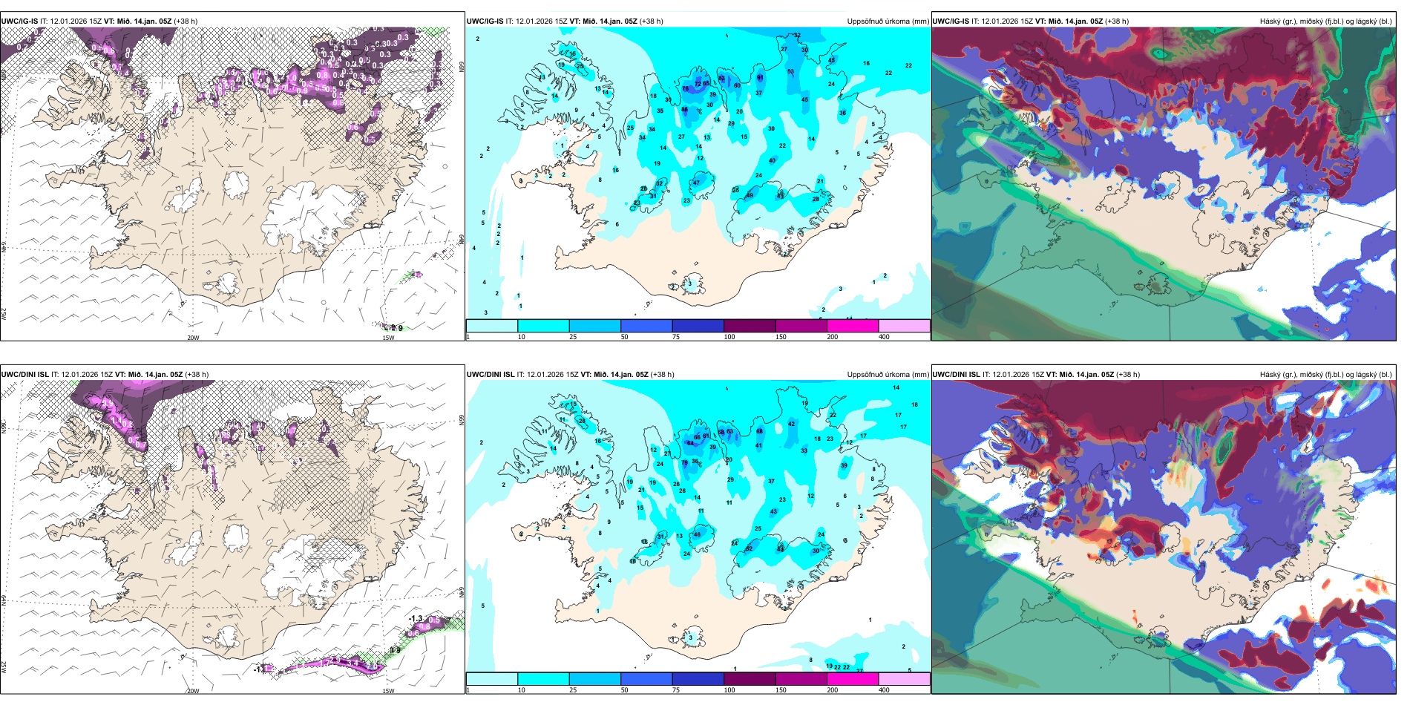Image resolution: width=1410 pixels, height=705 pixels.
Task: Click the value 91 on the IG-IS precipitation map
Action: pyautogui.click(x=760, y=77)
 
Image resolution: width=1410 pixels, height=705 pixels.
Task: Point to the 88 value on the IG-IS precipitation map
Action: pyautogui.click(x=684, y=110)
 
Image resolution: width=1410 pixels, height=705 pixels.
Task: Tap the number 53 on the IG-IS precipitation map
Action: pyautogui.click(x=790, y=72)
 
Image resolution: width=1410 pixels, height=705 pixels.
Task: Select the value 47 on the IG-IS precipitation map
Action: pyautogui.click(x=696, y=183)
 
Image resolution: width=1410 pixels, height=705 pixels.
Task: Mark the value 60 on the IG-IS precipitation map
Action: pyautogui.click(x=737, y=85)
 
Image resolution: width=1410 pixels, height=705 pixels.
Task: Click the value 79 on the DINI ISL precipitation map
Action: pyautogui.click(x=684, y=462)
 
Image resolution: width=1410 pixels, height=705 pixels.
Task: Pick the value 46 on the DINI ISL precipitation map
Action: pyautogui.click(x=697, y=534)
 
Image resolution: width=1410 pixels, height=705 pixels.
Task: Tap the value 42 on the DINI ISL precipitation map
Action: pyautogui.click(x=791, y=424)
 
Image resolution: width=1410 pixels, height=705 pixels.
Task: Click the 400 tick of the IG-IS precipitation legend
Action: pyautogui.click(x=884, y=337)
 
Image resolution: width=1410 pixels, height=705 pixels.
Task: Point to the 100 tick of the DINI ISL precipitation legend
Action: pyautogui.click(x=729, y=690)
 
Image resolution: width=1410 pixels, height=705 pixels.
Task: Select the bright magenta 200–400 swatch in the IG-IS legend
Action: pyautogui.click(x=853, y=326)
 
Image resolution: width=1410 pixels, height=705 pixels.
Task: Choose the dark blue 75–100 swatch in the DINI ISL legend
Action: pyautogui.click(x=698, y=679)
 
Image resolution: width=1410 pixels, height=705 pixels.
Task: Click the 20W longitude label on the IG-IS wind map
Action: pyautogui.click(x=193, y=338)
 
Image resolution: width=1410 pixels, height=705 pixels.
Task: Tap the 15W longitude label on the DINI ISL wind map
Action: pyautogui.click(x=388, y=691)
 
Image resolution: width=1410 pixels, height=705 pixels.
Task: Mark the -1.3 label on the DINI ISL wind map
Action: pyautogui.click(x=416, y=618)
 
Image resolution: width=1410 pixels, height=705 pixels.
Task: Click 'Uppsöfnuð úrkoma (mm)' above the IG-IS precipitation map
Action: pyautogui.click(x=888, y=22)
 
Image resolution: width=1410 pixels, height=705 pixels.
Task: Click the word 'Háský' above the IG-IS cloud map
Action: pyautogui.click(x=1271, y=22)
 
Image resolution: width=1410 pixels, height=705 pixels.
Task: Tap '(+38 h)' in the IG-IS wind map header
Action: pyautogui.click(x=186, y=22)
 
